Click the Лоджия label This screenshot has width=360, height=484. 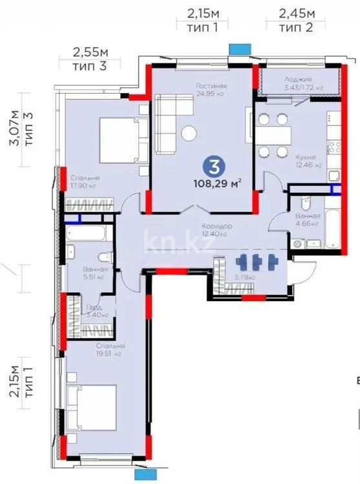[298, 79]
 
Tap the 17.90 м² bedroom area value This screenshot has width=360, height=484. [83, 186]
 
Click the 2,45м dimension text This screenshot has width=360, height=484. [297, 12]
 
